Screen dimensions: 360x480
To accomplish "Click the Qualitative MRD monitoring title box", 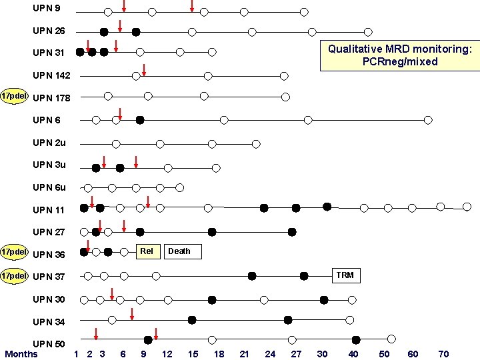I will [x=400, y=55].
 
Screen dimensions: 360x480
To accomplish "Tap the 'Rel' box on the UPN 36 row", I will [x=147, y=251].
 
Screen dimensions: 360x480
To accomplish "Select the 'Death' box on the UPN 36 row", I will [x=179, y=251].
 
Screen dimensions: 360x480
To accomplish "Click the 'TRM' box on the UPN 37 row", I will [x=345, y=275].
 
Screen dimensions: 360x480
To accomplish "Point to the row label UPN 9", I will [x=47, y=9].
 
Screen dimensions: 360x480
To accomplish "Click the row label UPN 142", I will [x=51, y=75].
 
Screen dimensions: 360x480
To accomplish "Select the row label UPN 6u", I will [x=49, y=187].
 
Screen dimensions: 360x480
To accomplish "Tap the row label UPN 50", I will [x=49, y=344].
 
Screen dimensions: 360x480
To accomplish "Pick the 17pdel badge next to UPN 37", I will [x=14, y=275].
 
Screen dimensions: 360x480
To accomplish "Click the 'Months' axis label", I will [x=21, y=353].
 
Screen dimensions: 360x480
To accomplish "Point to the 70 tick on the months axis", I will [x=443, y=354].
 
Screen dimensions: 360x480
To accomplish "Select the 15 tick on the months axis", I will [x=193, y=354].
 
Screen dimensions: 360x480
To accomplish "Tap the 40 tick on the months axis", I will [x=353, y=354].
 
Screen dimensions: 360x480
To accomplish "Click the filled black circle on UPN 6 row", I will [x=140, y=120].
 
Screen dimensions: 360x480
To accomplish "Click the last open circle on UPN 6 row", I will [x=428, y=120].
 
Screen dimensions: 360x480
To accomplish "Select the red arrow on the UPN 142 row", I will [x=144, y=69].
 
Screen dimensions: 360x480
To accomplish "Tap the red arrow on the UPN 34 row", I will [x=132, y=314].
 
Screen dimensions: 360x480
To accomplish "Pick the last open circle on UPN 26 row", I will [x=368, y=31].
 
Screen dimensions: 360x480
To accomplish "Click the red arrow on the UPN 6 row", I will [x=119, y=113].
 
